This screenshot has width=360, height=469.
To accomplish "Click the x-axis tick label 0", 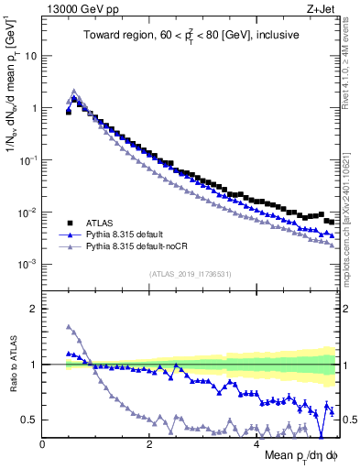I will [x=42, y=445].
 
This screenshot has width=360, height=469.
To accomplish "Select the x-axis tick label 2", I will [x=148, y=445].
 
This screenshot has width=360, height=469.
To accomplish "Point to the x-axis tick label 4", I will [x=256, y=445].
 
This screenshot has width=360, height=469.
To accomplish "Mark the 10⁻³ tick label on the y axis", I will [x=28, y=264].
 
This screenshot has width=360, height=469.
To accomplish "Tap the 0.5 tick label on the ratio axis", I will [x=28, y=420].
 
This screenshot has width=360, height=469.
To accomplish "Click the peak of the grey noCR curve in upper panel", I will [x=74, y=91].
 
